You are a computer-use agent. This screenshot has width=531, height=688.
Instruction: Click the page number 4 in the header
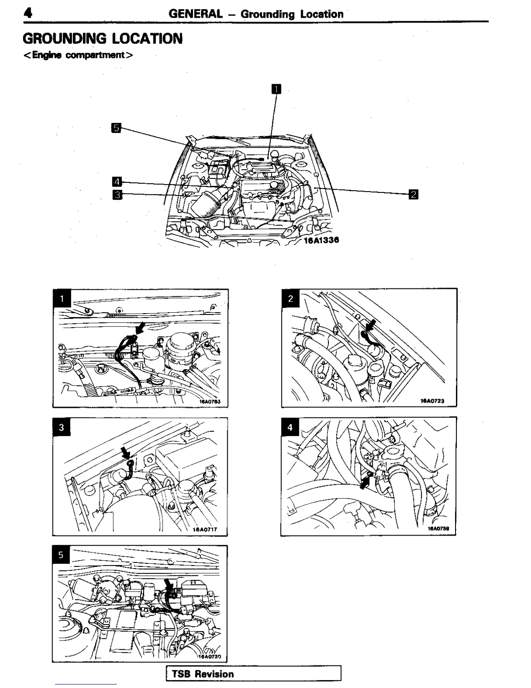click(28, 13)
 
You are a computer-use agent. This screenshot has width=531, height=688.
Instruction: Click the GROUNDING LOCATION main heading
click(103, 39)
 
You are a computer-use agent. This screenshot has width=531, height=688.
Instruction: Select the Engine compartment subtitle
click(78, 55)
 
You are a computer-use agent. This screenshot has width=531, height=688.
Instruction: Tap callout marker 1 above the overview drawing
click(276, 89)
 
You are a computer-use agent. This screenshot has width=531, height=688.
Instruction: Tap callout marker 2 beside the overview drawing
click(413, 194)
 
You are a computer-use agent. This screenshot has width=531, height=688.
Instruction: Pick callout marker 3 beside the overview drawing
click(117, 194)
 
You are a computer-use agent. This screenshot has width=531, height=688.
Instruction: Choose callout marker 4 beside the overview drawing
click(117, 182)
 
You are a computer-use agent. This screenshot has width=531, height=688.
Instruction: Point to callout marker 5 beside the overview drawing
click(116, 128)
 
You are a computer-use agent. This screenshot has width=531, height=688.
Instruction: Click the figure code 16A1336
click(321, 240)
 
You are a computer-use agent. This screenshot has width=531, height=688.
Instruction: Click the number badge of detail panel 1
click(62, 298)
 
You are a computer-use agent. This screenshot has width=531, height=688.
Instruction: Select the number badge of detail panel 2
click(291, 298)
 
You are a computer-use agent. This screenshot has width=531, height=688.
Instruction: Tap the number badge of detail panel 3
click(62, 427)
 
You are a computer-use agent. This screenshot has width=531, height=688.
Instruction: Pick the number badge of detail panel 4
click(290, 427)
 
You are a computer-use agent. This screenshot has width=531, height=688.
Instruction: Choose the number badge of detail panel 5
click(61, 555)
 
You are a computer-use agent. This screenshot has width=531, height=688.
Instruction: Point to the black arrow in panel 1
click(141, 327)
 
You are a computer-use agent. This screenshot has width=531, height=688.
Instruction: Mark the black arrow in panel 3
click(126, 453)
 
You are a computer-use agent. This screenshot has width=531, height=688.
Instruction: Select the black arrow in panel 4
click(366, 481)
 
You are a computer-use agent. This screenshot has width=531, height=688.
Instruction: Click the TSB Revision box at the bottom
click(254, 674)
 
